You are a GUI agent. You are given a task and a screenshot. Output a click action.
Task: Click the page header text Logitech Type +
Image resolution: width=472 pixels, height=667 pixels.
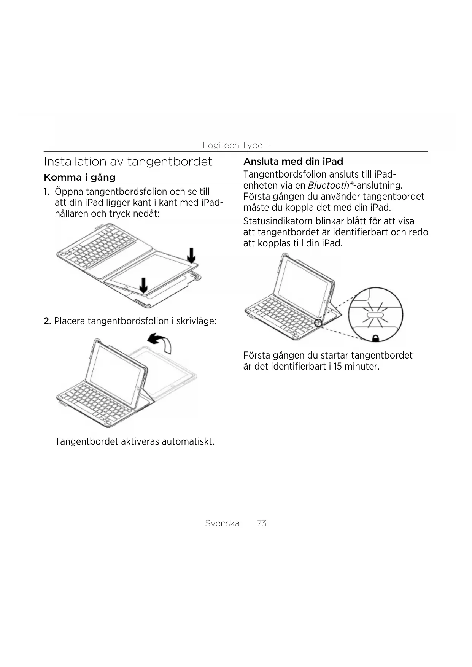click(236, 145)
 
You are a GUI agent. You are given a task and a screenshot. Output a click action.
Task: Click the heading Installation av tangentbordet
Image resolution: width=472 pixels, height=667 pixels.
click(128, 162)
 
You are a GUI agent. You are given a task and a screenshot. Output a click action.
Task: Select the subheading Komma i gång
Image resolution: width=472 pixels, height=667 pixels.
click(79, 178)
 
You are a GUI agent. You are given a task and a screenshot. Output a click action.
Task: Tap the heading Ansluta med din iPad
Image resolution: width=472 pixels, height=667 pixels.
click(293, 162)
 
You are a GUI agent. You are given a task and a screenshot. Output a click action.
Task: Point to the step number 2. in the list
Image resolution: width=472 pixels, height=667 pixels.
click(47, 321)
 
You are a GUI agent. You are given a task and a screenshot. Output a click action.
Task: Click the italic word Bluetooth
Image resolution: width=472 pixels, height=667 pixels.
click(328, 186)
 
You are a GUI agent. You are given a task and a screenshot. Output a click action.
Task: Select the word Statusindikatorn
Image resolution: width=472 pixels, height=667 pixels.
click(278, 221)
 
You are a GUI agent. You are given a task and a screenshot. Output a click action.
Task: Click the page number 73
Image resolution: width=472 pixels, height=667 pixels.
click(262, 523)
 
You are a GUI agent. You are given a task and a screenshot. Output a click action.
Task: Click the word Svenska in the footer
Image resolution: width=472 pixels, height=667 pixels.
click(222, 523)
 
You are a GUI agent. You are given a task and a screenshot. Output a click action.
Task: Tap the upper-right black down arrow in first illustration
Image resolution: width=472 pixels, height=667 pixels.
click(191, 255)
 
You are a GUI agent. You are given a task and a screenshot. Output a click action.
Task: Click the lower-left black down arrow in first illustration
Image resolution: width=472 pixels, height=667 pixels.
click(143, 285)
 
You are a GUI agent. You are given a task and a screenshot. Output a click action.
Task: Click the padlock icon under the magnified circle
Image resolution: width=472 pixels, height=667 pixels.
click(375, 338)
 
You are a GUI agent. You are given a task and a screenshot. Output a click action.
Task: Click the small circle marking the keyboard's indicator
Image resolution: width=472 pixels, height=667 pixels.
click(318, 323)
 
